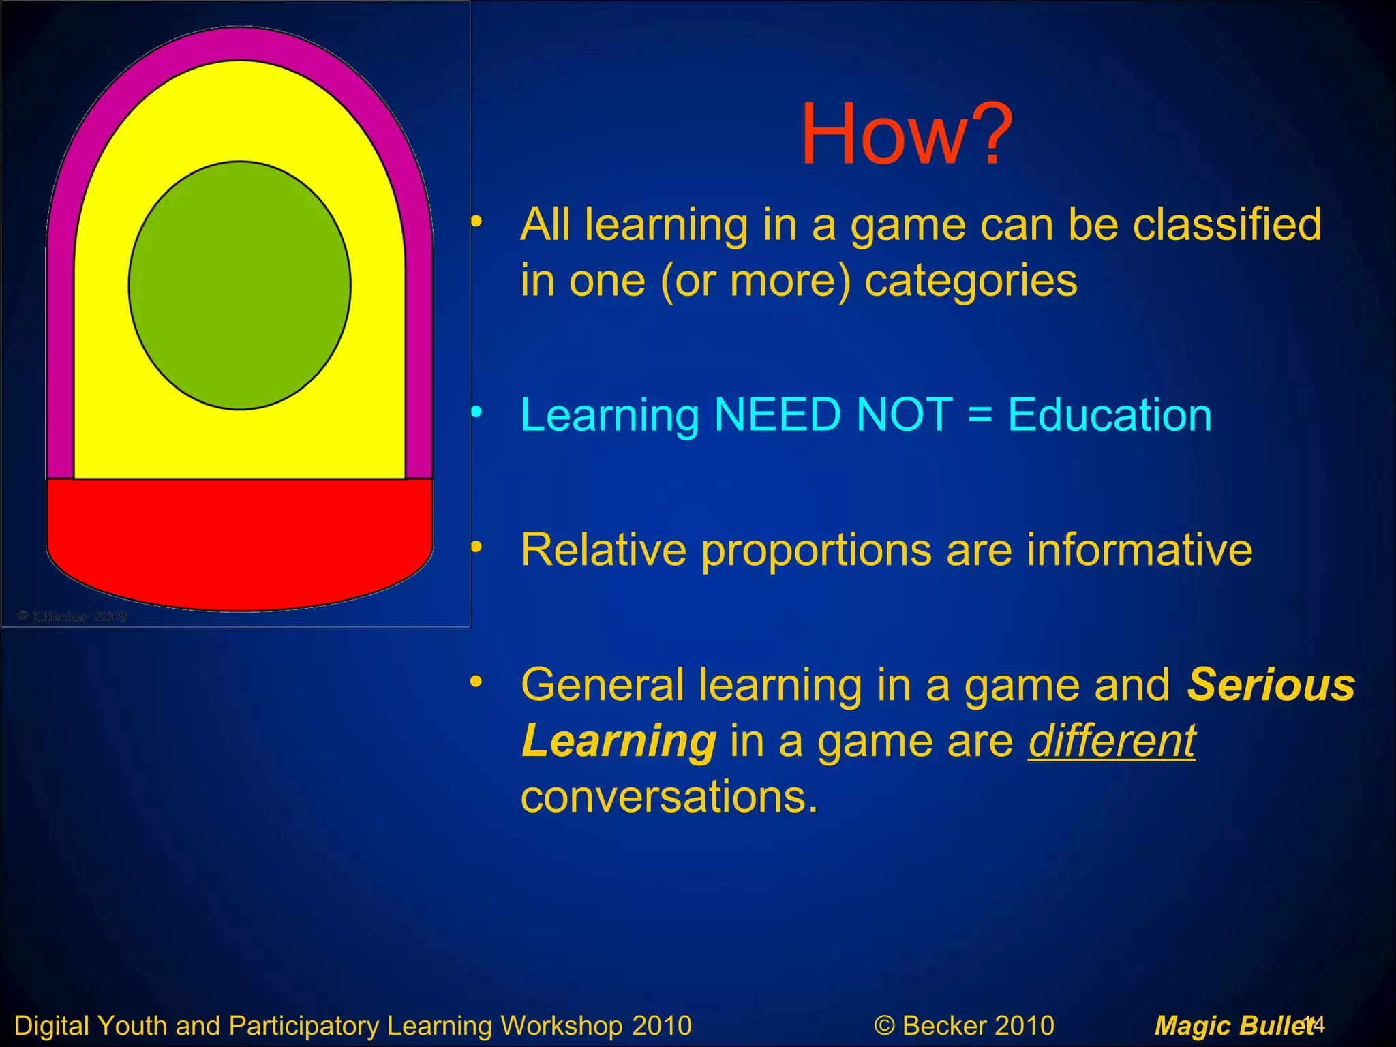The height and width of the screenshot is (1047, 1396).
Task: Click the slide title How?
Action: coord(907,134)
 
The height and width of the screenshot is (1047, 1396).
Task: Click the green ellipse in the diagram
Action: coord(239,286)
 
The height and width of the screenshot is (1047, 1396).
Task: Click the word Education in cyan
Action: coord(1109,414)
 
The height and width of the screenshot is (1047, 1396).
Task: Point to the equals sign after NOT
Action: coord(980,414)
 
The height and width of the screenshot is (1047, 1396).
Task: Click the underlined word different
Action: coord(1111,741)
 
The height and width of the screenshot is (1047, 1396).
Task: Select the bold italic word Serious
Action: coord(1271,684)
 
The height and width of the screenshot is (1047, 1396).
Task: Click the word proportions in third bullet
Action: coord(816,550)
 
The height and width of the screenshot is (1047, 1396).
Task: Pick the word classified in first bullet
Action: coord(1226,224)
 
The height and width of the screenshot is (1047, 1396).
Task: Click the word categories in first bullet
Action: coord(971,280)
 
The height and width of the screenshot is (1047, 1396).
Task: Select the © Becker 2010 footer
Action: coord(964,1025)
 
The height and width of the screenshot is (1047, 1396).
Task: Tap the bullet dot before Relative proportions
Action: coord(476,547)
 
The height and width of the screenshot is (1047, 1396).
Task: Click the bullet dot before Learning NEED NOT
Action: coord(476,411)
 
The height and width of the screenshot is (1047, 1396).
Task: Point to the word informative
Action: coord(1139,550)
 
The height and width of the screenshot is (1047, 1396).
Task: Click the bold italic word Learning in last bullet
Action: coord(618,741)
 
